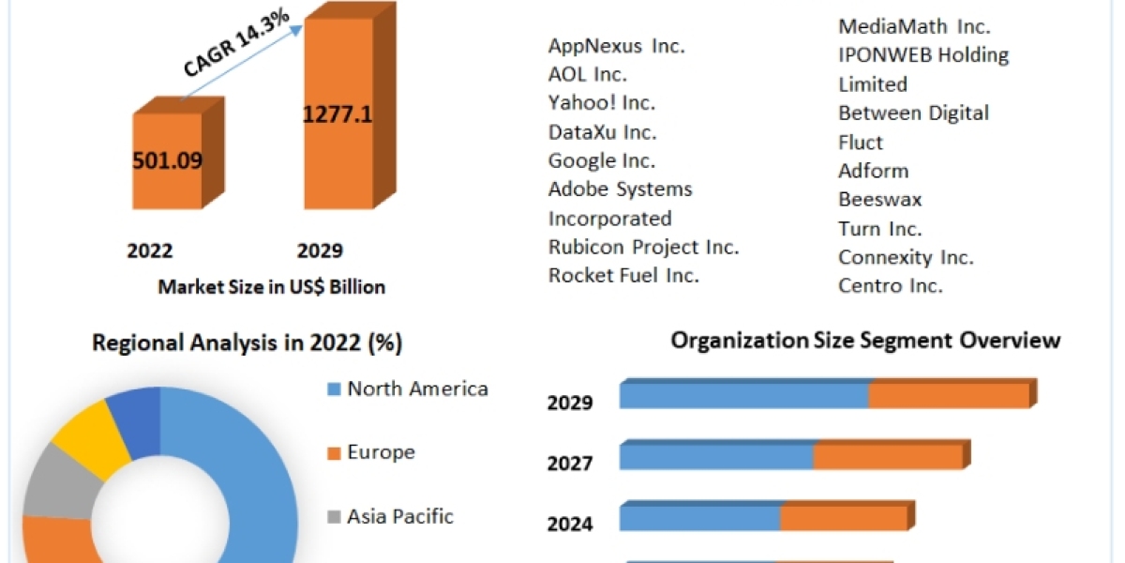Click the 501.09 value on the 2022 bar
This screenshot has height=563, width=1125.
click(167, 160)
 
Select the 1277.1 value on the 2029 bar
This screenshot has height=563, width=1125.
click(337, 114)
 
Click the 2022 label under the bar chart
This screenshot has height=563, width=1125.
click(150, 251)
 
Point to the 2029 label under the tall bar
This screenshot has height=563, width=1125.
click(320, 251)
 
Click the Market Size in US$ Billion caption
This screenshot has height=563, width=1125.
click(271, 286)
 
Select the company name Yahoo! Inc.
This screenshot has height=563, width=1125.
click(602, 102)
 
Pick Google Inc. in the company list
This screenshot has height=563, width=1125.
click(602, 160)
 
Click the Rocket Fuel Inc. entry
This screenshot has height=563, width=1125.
click(623, 275)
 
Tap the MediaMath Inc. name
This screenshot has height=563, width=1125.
click(914, 26)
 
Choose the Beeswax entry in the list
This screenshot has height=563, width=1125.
click(879, 199)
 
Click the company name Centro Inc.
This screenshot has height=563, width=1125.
click(890, 285)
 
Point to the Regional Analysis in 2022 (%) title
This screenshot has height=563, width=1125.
click(247, 343)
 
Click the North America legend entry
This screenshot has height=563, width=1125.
click(417, 388)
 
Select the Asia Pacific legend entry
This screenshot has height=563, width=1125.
click(400, 515)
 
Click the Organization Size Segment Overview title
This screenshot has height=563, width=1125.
click(865, 340)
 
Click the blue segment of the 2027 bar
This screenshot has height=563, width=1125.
click(716, 457)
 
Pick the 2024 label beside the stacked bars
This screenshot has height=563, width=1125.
click(570, 524)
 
